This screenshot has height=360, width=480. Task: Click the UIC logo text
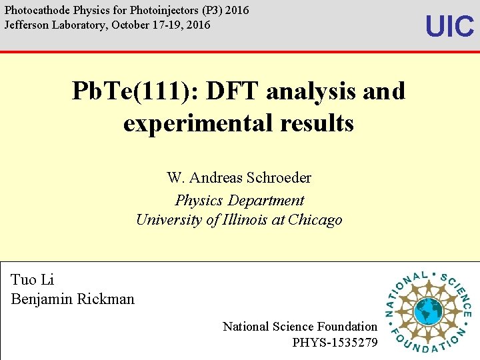coord(449,27)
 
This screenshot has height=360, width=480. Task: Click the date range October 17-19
coord(143,25)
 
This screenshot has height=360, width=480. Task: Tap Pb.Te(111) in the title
coord(133,91)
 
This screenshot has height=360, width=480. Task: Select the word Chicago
coord(313,220)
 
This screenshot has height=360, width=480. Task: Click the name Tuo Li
coord(33,280)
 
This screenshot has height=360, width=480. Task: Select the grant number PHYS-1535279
coord(335,343)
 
